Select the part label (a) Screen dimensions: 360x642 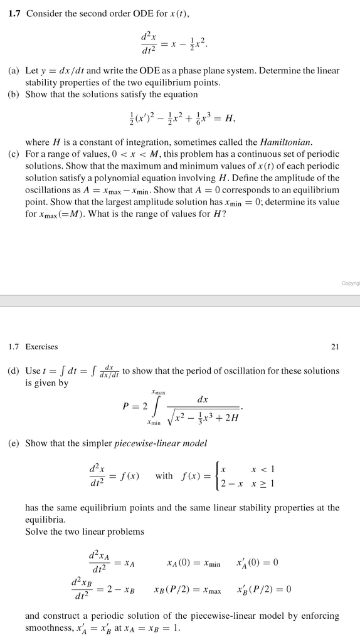coord(14,71)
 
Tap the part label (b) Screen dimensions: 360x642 coord(14,94)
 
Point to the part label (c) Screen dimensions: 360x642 coord(14,154)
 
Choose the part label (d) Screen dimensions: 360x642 coord(14,371)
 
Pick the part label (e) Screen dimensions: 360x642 coord(14,443)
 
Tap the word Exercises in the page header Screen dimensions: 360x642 coord(41,346)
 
